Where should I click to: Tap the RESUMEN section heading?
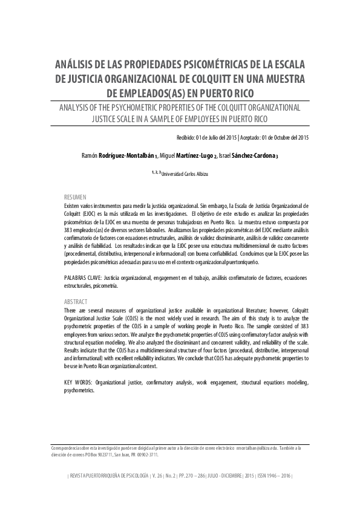coord(76,198)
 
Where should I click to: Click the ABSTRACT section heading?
coord(76,301)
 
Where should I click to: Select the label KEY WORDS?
coord(79,383)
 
